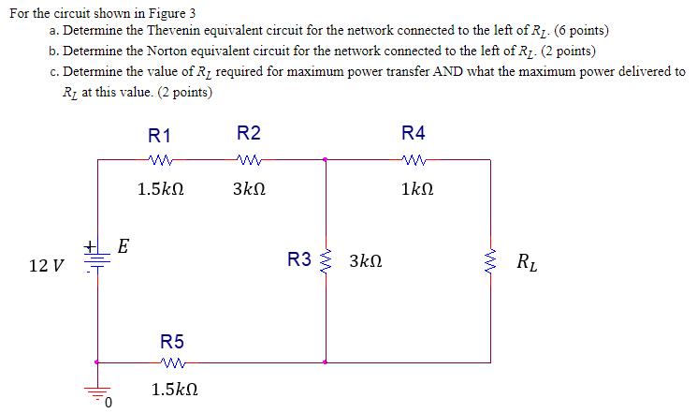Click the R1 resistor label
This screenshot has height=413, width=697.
pyautogui.click(x=159, y=133)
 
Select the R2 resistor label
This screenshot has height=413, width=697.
pyautogui.click(x=249, y=133)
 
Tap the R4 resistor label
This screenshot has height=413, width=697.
pyautogui.click(x=413, y=133)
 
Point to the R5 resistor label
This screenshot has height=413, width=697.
pyautogui.click(x=172, y=341)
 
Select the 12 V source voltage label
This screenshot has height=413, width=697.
pyautogui.click(x=47, y=266)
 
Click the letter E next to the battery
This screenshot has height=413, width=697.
pyautogui.click(x=123, y=247)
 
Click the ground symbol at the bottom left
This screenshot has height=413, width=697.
pyautogui.click(x=97, y=393)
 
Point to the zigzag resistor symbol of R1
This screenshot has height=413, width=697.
pyautogui.click(x=159, y=159)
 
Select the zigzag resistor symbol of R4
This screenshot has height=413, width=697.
pyautogui.click(x=413, y=159)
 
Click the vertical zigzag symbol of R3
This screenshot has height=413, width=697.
pyautogui.click(x=326, y=259)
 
